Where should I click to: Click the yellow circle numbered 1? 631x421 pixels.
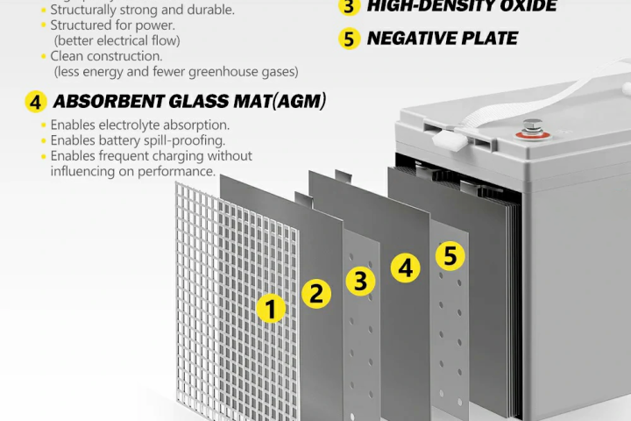[x=271, y=308]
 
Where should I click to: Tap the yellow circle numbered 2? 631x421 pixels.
[x=316, y=293]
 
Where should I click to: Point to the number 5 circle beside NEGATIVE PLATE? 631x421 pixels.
[x=350, y=39]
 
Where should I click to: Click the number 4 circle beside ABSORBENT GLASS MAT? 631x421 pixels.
[x=35, y=102]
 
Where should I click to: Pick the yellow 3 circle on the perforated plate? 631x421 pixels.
[x=360, y=281]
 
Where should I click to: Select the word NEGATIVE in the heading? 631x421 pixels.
[x=405, y=38]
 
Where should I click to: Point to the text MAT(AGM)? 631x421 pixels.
[x=282, y=102]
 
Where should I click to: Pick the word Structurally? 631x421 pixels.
[x=86, y=10]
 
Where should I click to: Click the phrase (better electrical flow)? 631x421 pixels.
[x=114, y=40]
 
